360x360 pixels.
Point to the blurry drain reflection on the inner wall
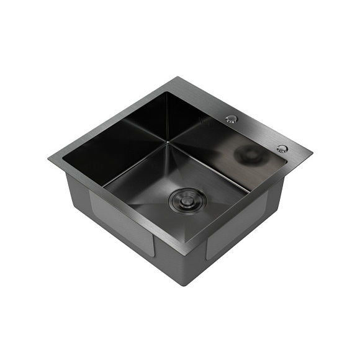[250, 155]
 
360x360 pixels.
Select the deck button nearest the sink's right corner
[282, 149]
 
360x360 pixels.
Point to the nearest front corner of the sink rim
[185, 253]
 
